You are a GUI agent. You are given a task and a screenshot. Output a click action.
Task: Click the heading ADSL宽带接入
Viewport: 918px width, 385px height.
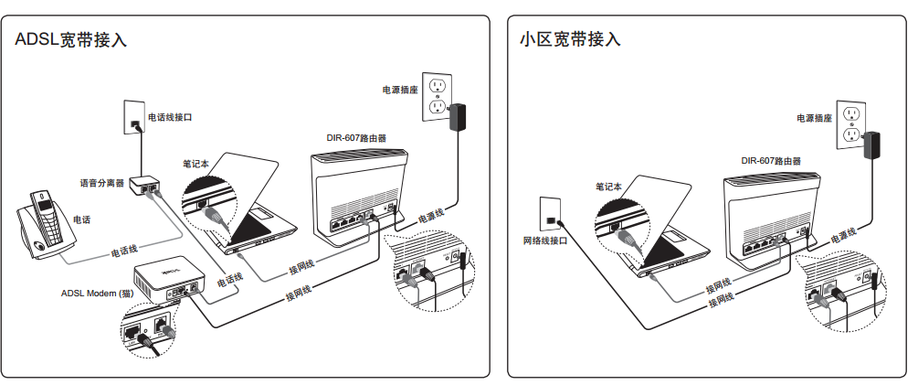pos(70,40)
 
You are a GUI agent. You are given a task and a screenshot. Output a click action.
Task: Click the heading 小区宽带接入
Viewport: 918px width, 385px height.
pos(569,39)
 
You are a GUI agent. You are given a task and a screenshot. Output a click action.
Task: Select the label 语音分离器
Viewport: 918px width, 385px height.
pos(101,183)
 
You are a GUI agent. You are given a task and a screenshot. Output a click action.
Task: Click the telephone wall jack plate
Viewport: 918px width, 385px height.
pos(134,116)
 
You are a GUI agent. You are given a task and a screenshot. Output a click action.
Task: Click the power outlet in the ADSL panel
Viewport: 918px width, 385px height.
pos(438,95)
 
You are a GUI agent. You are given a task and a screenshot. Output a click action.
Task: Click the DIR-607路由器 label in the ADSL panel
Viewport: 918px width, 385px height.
pos(356,139)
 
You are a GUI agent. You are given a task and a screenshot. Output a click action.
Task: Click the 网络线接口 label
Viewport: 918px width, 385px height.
pos(544,241)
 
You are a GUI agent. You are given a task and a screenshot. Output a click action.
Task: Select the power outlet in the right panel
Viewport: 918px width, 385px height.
pos(851,126)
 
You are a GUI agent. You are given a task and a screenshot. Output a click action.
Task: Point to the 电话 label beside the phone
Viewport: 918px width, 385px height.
pos(81,219)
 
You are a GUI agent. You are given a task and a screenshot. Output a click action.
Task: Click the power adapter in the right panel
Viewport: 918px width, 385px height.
pos(872,144)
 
